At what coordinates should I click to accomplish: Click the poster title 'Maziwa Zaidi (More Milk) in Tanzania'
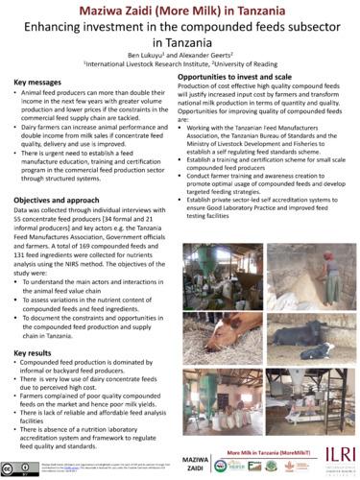tap(180, 10)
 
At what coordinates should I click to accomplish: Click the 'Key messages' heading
tap(40, 84)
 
